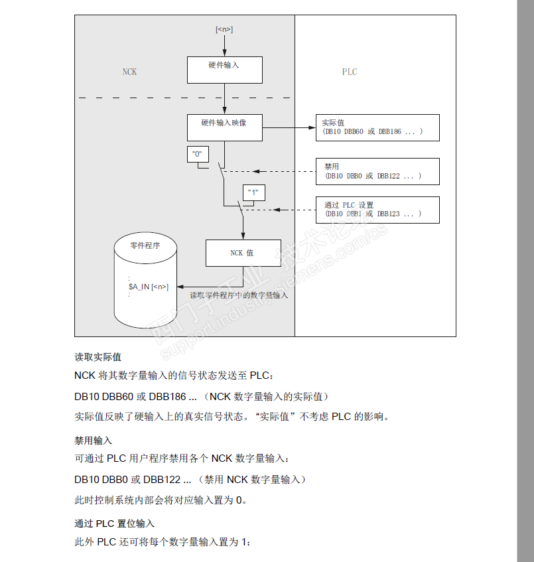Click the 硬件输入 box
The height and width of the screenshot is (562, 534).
pyautogui.click(x=224, y=70)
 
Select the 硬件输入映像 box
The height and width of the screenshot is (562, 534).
pyautogui.click(x=224, y=127)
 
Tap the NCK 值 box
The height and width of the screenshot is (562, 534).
pyautogui.click(x=242, y=253)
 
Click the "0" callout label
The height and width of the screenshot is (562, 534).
pyautogui.click(x=196, y=154)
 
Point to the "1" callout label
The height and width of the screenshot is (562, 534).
pyautogui.click(x=252, y=192)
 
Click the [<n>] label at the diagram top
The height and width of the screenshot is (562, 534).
pyautogui.click(x=224, y=30)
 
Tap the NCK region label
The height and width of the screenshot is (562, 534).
pyautogui.click(x=129, y=72)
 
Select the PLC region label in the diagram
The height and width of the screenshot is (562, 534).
pyautogui.click(x=350, y=72)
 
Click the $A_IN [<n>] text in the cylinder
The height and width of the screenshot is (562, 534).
pyautogui.click(x=149, y=287)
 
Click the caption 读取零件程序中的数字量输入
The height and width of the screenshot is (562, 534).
pyautogui.click(x=239, y=295)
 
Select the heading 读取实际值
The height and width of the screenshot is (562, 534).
pyautogui.click(x=98, y=357)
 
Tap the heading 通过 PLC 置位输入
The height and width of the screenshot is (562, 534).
pyautogui.click(x=114, y=524)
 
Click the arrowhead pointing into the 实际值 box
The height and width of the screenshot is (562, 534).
pyautogui.click(x=316, y=127)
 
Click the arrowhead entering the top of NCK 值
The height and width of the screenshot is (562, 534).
pyautogui.click(x=242, y=237)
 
